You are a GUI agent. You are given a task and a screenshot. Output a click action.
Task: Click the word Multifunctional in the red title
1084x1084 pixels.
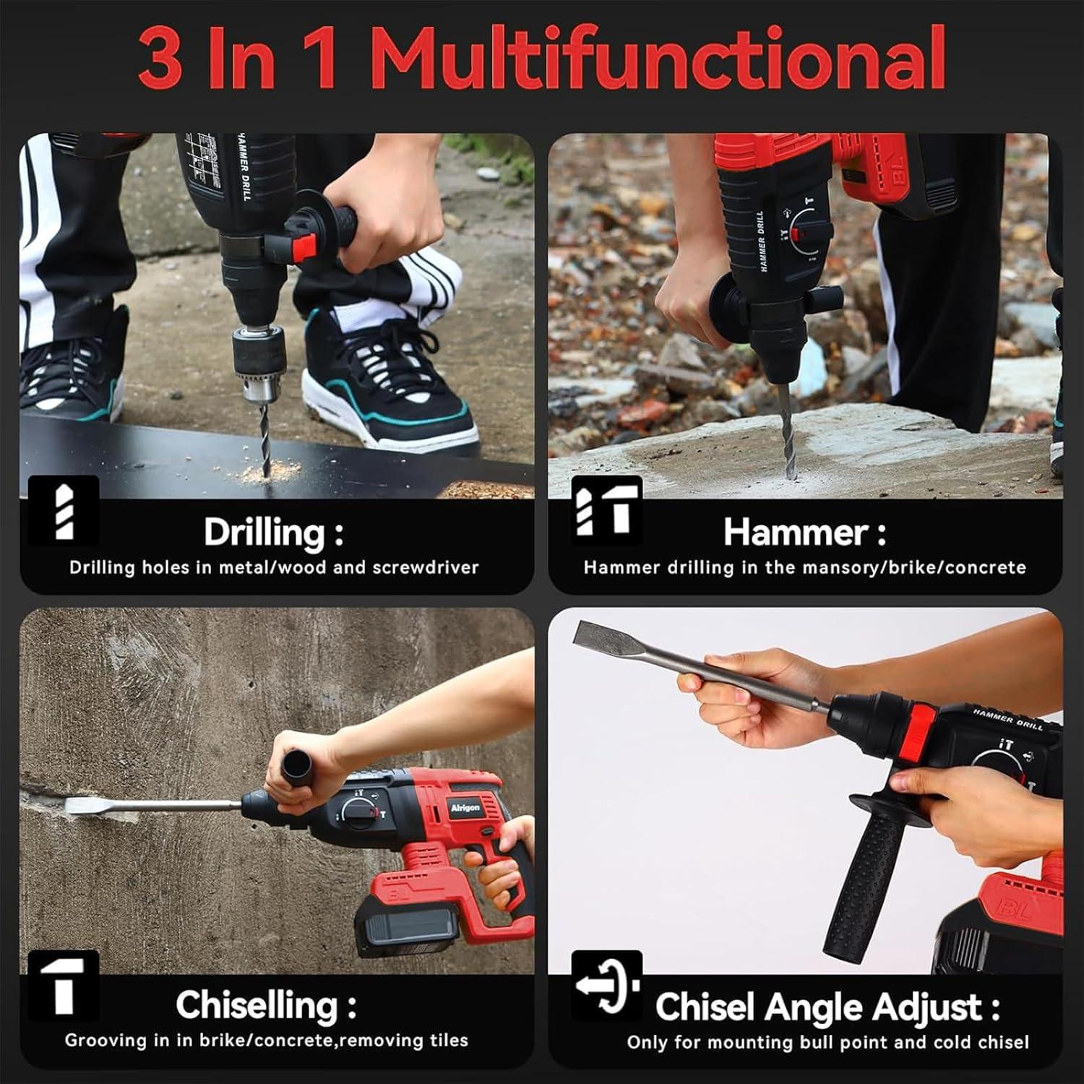click(x=663, y=58)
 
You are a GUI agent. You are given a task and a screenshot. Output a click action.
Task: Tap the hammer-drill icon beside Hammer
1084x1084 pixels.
click(x=606, y=510)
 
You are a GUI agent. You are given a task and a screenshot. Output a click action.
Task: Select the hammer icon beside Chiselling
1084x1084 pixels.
click(x=63, y=985)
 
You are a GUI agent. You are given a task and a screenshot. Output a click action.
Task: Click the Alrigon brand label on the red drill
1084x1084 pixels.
click(x=465, y=808)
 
